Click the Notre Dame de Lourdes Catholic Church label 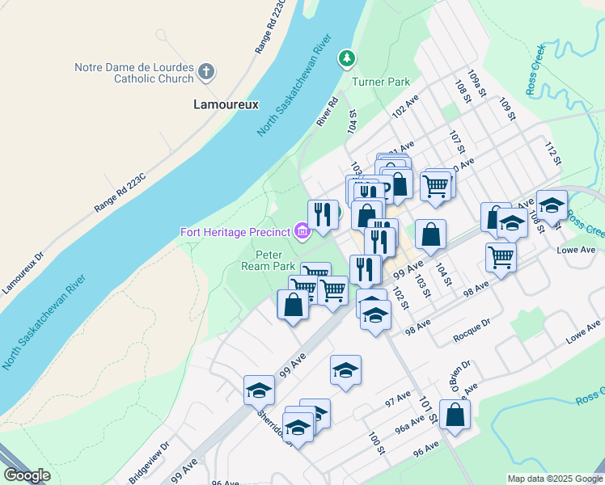pos(134,73)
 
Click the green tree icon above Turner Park pos(347,57)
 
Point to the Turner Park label pos(381,82)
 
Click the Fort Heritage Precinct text pos(235,233)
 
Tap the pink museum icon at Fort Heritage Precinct pos(302,233)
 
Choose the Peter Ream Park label pos(270,259)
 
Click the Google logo pos(27,475)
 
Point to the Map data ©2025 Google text pos(554,479)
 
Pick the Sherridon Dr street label pos(271,421)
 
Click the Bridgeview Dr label pos(150,462)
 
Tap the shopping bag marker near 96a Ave pos(455,415)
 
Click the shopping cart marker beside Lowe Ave pos(501,258)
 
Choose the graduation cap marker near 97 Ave pos(345,371)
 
